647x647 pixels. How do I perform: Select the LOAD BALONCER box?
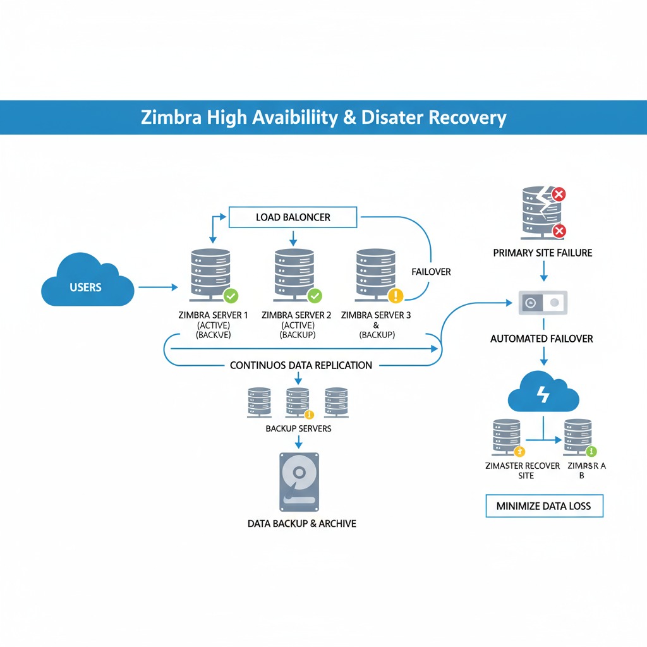coord(293,217)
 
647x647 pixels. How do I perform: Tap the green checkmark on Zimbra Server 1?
coord(231,295)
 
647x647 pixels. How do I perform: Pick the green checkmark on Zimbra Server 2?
coord(314,295)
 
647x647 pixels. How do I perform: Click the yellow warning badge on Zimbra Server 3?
coord(396,295)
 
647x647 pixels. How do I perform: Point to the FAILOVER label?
coord(431,272)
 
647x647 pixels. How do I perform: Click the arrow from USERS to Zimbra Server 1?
coord(158,287)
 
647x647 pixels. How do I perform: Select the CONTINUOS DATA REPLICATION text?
coord(301,365)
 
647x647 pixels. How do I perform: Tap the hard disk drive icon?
coord(299,481)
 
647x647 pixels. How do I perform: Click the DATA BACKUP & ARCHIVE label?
coord(302,523)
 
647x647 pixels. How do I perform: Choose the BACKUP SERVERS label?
coord(298,428)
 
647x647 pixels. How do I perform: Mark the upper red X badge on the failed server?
coord(559,194)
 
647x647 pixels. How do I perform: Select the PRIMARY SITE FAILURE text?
coord(543,253)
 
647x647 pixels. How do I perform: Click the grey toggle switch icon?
coord(543,302)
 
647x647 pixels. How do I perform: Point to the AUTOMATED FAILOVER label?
coord(541,339)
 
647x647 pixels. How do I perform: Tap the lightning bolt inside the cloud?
coord(543,395)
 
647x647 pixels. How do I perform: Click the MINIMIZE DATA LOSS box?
coord(544,506)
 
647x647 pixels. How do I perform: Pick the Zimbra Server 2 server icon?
coord(294,275)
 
